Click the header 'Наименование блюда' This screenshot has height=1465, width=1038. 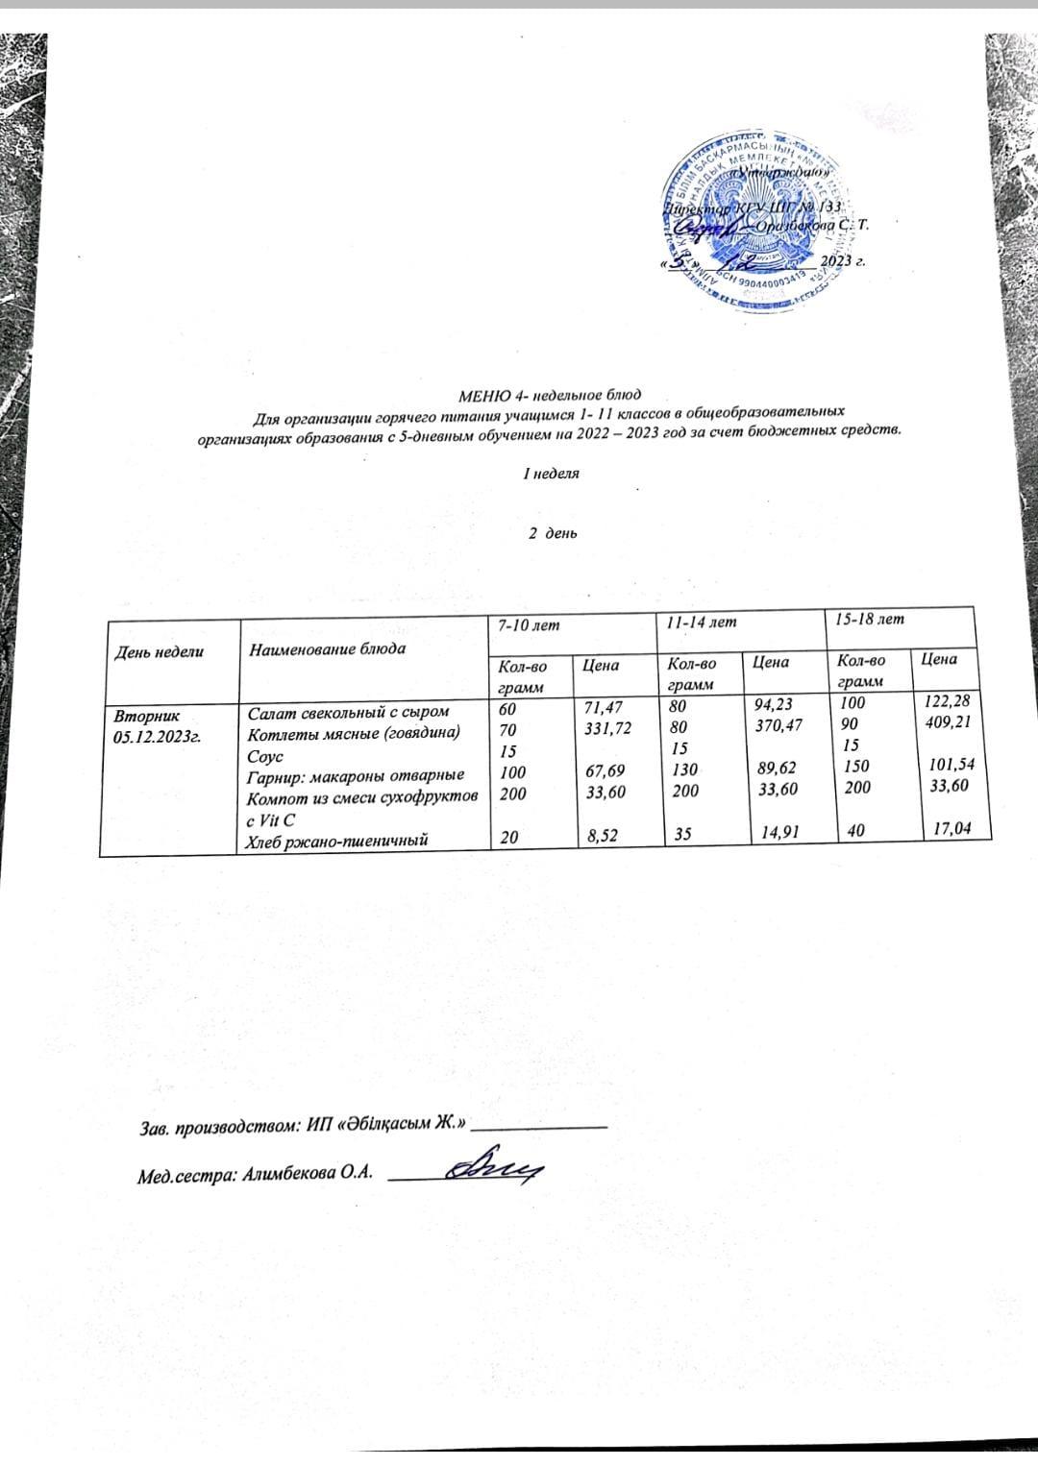(x=327, y=648)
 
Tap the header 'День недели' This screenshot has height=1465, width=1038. (x=160, y=650)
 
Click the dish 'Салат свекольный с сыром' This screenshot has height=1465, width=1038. (x=348, y=713)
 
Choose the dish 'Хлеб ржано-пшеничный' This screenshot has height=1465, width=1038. (x=337, y=841)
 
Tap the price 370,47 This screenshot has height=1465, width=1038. (x=778, y=729)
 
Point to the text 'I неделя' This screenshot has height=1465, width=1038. (x=550, y=475)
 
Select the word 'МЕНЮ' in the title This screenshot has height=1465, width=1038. (x=483, y=395)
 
